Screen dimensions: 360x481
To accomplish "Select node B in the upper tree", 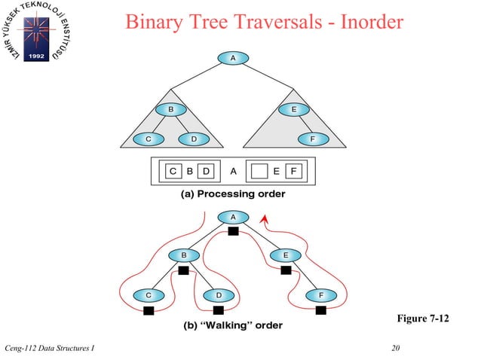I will click(171, 110).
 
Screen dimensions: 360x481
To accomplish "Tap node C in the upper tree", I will click(149, 139).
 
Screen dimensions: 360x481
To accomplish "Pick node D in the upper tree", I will click(194, 139).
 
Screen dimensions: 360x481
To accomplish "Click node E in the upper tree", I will click(293, 110).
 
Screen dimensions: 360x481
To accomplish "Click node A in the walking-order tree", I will click(232, 217).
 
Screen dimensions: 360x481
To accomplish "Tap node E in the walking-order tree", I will click(285, 255).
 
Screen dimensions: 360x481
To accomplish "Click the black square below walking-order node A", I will click(233, 231).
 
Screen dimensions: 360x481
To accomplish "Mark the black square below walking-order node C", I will click(149, 310).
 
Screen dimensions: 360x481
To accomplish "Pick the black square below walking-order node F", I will click(320, 310).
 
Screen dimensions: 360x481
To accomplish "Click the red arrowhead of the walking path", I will click(263, 219).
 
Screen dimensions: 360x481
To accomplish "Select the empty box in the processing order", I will click(259, 171).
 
